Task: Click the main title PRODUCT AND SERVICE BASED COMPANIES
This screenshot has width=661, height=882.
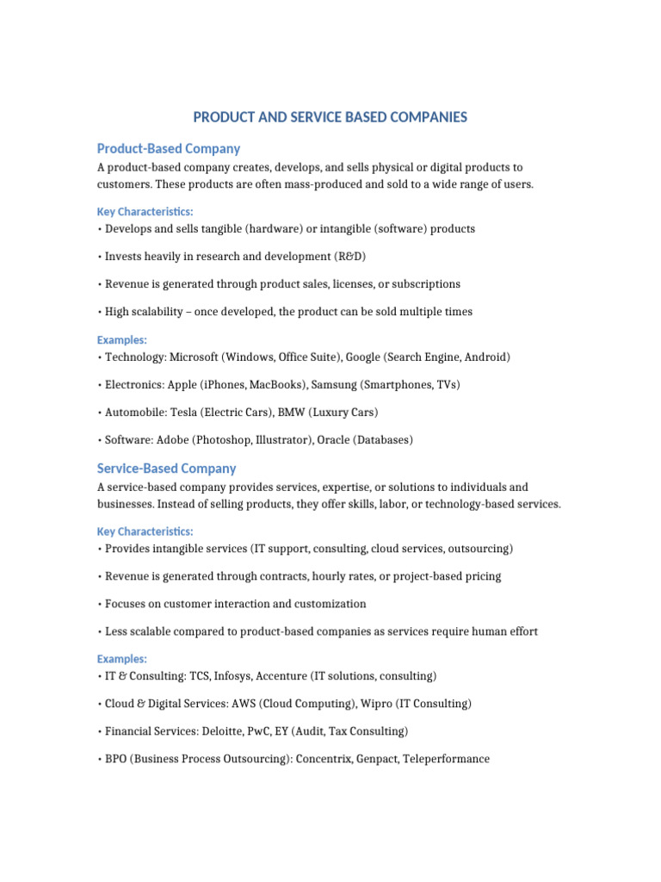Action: tap(330, 116)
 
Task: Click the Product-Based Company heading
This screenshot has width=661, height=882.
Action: tap(169, 148)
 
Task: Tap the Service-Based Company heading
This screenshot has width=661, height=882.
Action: tap(167, 469)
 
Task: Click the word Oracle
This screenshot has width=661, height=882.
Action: tap(336, 439)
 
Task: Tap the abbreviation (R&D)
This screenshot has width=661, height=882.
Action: tap(331, 257)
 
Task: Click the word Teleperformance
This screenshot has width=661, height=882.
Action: tap(446, 759)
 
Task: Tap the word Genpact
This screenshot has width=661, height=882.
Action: tap(374, 759)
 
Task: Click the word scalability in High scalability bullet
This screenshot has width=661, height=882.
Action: tap(159, 312)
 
